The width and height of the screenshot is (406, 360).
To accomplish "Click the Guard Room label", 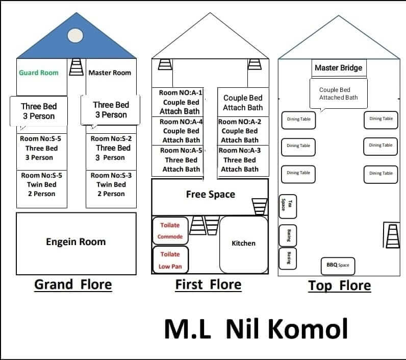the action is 39,73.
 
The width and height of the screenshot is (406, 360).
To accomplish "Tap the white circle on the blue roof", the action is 75,36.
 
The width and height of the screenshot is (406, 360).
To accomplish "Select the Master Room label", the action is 110,73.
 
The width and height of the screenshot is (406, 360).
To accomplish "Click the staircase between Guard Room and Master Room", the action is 77,67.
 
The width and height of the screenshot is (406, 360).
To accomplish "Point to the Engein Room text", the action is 76,242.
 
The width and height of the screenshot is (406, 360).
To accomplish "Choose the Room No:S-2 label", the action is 111,139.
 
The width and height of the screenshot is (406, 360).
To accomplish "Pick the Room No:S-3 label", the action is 111,176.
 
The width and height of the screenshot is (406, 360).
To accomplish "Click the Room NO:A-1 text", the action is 181,92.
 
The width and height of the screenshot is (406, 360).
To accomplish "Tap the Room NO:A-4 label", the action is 181,122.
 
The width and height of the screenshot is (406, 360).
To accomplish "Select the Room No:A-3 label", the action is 240,150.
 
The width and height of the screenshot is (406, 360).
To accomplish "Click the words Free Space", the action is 211,195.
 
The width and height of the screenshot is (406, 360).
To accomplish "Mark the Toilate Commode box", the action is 170,231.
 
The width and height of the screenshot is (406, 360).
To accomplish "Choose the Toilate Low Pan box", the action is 170,260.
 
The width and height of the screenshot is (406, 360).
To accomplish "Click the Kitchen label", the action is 243,244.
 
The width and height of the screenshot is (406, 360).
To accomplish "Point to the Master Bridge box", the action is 339,68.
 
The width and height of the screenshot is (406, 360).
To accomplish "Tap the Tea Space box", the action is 288,207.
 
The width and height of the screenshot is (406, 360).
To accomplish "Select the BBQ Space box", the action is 338,266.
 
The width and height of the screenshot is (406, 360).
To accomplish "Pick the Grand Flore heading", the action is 73,284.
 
